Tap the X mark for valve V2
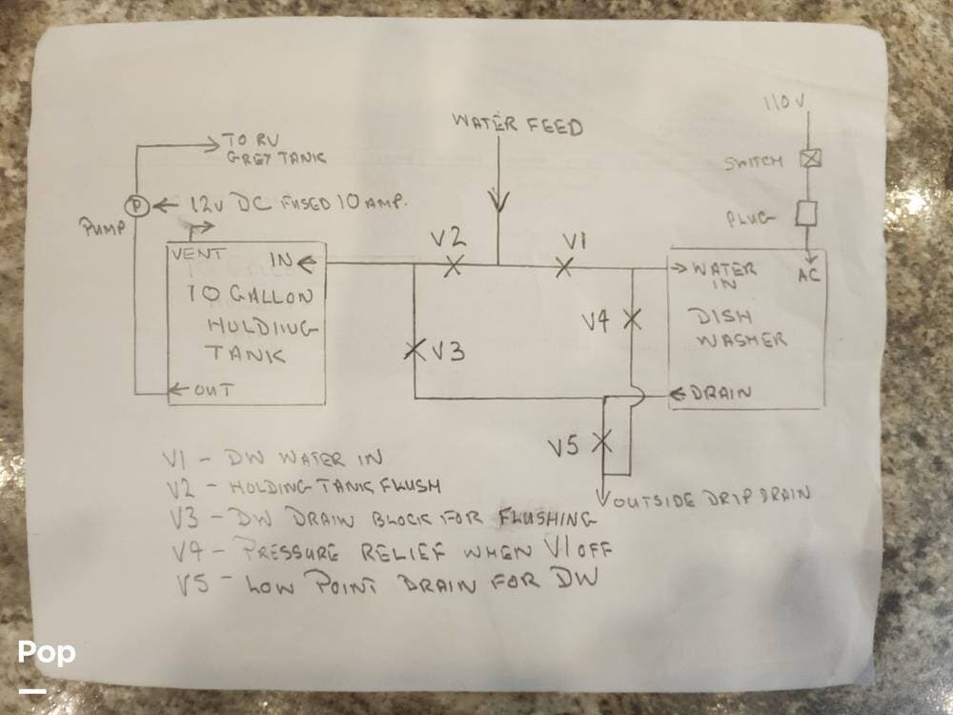click(454, 265)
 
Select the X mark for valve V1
click(564, 264)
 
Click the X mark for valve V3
click(414, 350)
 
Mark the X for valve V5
click(602, 440)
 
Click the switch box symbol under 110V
click(809, 158)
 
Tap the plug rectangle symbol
click(808, 213)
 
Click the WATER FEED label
click(517, 124)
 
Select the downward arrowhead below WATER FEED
click(497, 202)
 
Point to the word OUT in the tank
click(213, 390)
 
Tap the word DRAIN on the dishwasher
click(723, 393)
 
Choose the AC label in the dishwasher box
click(808, 276)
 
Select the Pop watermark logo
click(46, 654)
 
